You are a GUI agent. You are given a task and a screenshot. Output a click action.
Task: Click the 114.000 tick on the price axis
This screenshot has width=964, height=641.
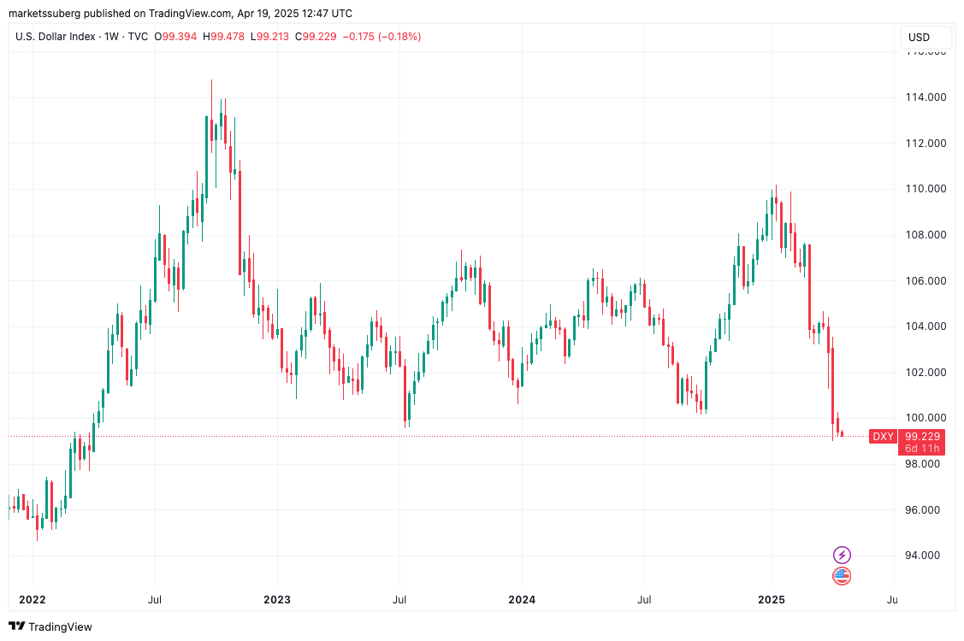click(x=926, y=97)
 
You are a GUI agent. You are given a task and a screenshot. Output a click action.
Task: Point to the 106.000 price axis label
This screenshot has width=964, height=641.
click(x=926, y=280)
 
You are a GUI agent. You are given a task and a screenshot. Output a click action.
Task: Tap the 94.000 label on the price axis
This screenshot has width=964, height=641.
click(x=926, y=556)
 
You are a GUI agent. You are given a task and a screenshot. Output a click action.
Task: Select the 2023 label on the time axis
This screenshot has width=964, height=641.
click(x=276, y=599)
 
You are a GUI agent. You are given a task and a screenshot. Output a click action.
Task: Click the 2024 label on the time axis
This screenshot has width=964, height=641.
click(x=522, y=599)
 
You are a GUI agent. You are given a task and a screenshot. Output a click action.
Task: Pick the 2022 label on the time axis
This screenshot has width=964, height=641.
click(x=33, y=599)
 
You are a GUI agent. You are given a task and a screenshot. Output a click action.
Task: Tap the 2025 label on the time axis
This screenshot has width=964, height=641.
click(x=772, y=599)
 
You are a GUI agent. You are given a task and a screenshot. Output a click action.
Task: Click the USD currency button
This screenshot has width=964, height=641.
click(x=919, y=38)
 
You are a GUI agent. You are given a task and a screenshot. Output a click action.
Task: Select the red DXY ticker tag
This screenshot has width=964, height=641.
click(x=883, y=437)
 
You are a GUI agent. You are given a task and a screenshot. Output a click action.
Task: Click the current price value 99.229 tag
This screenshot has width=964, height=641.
click(x=922, y=436)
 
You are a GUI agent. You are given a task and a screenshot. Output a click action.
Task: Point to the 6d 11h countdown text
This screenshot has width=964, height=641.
click(x=922, y=449)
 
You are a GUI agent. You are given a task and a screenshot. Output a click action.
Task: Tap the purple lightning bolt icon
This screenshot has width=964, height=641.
click(x=842, y=555)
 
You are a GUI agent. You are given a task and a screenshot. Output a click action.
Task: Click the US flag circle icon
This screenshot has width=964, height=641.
click(x=842, y=576)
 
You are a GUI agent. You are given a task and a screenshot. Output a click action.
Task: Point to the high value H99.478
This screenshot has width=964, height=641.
click(x=225, y=37)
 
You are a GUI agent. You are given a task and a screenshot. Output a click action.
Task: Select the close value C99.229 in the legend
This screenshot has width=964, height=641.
click(x=316, y=37)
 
